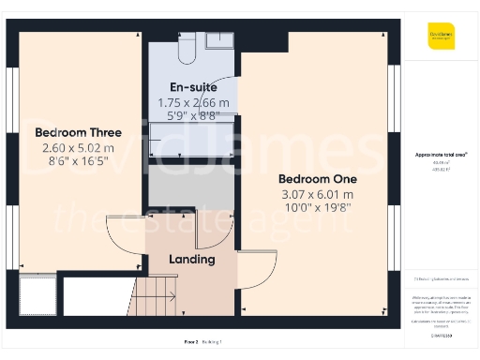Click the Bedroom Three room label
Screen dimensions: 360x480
click(x=77, y=132)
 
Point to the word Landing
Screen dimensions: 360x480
click(x=191, y=259)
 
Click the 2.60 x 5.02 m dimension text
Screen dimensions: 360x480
click(x=77, y=147)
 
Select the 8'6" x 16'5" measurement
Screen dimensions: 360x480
click(x=77, y=161)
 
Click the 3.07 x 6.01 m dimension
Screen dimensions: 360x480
click(x=319, y=195)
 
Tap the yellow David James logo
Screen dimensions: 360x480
click(x=442, y=37)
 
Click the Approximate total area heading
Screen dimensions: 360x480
click(x=442, y=154)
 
